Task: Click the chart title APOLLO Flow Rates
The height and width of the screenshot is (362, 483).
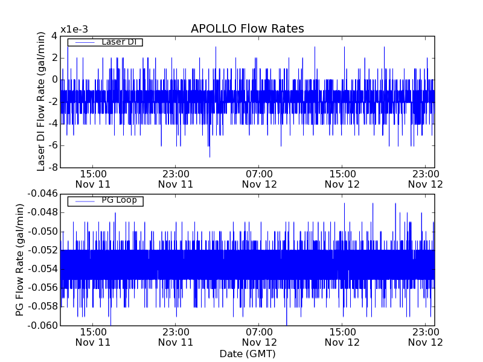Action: (247, 29)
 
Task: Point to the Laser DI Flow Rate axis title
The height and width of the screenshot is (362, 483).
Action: (41, 101)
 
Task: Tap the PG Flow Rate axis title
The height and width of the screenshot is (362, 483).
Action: (20, 259)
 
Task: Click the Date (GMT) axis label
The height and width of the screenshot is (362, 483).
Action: (247, 354)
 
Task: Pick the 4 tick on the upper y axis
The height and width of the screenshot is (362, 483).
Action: (54, 36)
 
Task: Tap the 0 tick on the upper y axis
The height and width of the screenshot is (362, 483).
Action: (54, 80)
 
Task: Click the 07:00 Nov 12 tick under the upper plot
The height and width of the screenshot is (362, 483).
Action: (259, 179)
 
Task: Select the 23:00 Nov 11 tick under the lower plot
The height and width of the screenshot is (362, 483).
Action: (176, 337)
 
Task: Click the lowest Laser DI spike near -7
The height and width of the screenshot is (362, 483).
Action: (210, 156)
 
